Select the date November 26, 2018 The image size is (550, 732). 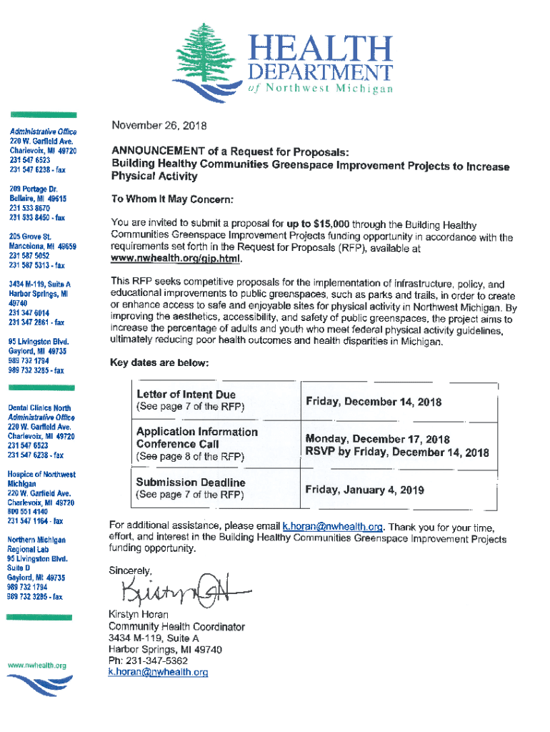pyautogui.click(x=159, y=127)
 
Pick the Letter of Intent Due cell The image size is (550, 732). pyautogui.click(x=186, y=394)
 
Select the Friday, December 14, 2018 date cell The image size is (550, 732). pyautogui.click(x=373, y=401)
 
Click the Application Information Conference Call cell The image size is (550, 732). pyautogui.click(x=196, y=437)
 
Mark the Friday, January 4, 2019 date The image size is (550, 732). pyautogui.click(x=364, y=490)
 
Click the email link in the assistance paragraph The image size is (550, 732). pyautogui.click(x=334, y=525)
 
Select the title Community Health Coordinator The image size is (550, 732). pyautogui.click(x=176, y=627)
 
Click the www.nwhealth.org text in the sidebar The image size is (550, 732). pyautogui.click(x=36, y=666)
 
